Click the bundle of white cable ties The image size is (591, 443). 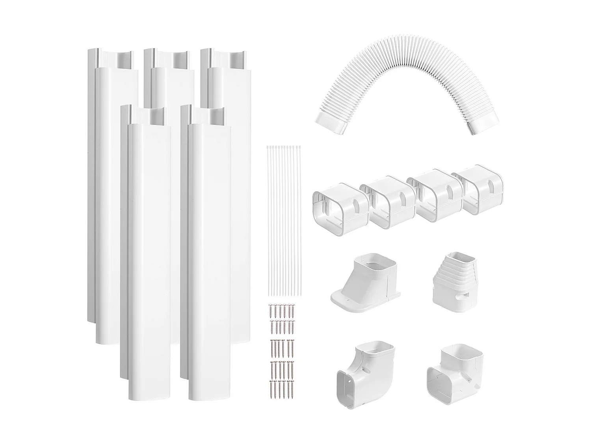coord(284,221)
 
